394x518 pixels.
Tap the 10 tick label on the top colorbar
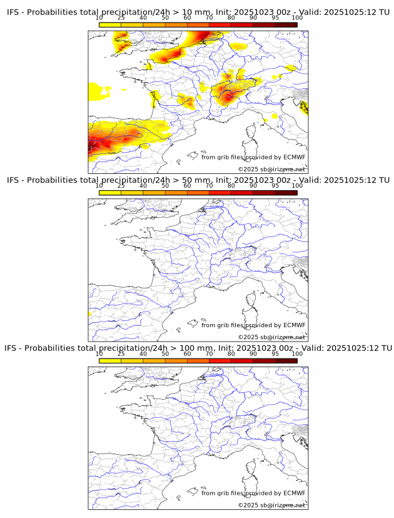[x=99, y=18]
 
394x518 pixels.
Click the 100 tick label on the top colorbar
[x=296, y=18]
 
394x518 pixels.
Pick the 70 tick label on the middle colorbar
[x=210, y=185]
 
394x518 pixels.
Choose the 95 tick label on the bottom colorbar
[x=275, y=353]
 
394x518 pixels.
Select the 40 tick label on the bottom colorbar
[x=143, y=353]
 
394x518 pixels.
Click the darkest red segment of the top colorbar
[x=286, y=24]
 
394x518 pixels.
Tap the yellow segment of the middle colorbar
[x=110, y=192]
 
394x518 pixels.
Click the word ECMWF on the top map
[x=295, y=157]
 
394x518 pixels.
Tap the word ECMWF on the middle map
[x=295, y=325]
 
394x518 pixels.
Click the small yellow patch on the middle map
[x=90, y=313]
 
